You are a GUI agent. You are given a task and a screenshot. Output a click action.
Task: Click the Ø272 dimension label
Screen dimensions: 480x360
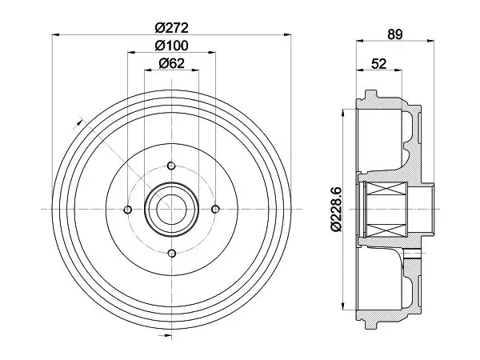pos(171,28)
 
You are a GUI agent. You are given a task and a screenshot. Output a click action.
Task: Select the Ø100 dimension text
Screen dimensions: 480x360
pos(171,46)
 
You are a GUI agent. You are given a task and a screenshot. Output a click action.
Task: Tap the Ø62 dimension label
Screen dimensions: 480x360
pos(172,63)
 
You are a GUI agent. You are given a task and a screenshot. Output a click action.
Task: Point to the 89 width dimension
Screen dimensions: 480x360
pos(394,34)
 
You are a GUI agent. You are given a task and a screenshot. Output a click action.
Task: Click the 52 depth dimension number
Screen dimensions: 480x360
pos(378,64)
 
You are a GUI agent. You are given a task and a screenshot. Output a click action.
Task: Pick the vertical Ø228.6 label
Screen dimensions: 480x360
pos(336,210)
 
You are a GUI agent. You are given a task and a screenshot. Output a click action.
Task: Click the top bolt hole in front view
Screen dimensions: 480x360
pos(171,166)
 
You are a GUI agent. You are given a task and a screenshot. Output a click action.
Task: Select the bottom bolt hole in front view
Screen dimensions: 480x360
pos(172,253)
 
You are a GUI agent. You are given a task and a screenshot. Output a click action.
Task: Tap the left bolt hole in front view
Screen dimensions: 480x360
pos(128,210)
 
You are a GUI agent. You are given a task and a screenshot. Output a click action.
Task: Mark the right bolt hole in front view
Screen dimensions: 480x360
pos(215,209)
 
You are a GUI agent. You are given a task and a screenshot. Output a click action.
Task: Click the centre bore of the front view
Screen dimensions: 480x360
pos(171,209)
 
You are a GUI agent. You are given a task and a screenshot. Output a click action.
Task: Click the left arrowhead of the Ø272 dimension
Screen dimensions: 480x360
pos(55,35)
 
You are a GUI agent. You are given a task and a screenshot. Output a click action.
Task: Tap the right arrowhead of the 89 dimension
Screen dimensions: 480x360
pos(430,40)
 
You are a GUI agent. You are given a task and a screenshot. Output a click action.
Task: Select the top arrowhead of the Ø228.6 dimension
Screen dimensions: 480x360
pos(343,113)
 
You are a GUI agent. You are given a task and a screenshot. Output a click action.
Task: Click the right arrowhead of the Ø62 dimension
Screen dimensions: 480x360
pos(195,70)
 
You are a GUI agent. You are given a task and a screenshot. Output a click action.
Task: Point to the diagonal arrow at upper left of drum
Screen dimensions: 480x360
pos(79,122)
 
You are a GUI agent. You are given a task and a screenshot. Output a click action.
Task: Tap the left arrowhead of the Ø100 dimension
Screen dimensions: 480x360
pos(131,52)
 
